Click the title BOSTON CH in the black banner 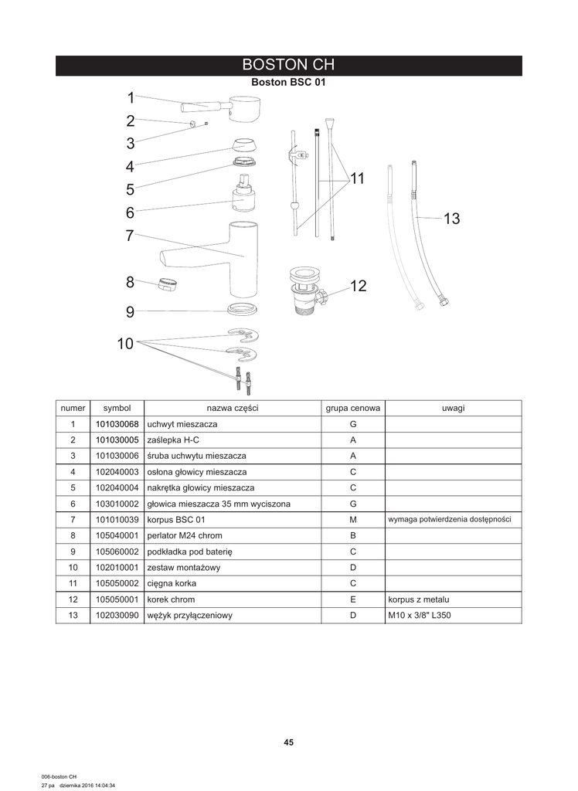[288, 65]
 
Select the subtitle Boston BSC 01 [288, 83]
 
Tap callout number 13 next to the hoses [451, 219]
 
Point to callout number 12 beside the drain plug [358, 287]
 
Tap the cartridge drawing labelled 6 [243, 199]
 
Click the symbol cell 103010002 [117, 504]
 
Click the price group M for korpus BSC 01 [352, 520]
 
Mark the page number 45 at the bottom [288, 742]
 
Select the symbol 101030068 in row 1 [117, 424]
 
